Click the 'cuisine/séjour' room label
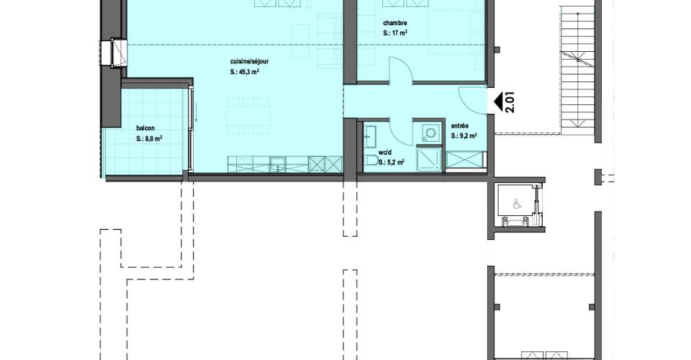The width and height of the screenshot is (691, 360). [249, 62]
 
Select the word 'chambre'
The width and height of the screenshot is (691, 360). [395, 23]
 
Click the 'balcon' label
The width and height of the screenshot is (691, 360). [145, 128]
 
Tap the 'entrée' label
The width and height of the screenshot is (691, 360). [460, 126]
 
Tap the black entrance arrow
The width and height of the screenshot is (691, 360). [498, 102]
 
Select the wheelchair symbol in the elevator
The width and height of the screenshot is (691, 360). [516, 204]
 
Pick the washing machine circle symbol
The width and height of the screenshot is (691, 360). [430, 132]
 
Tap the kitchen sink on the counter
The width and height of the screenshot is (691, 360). [278, 164]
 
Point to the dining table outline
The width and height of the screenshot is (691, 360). [248, 115]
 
